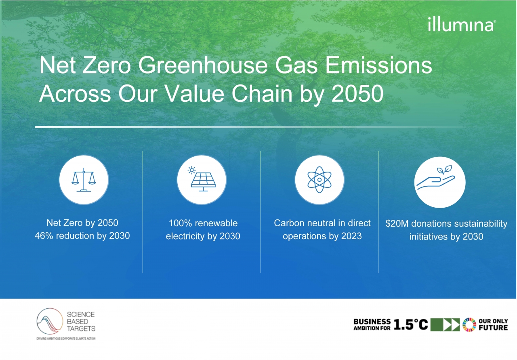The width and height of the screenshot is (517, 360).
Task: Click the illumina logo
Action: tap(462, 25)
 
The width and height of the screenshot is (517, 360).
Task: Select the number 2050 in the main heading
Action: tap(357, 93)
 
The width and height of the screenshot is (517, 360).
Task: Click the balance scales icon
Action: tap(84, 180)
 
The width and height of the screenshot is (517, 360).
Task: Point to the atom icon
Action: tap(319, 180)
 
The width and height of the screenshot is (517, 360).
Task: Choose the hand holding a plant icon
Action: tap(435, 177)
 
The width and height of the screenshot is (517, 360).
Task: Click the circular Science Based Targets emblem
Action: tap(50, 321)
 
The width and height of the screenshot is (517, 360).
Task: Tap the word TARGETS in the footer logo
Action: tap(81, 328)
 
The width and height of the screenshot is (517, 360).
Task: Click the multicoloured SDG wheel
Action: tap(469, 324)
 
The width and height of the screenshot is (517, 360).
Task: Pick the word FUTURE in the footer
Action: tap(493, 327)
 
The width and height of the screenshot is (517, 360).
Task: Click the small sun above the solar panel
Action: tap(191, 170)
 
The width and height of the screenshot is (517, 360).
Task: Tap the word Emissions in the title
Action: tap(378, 65)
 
